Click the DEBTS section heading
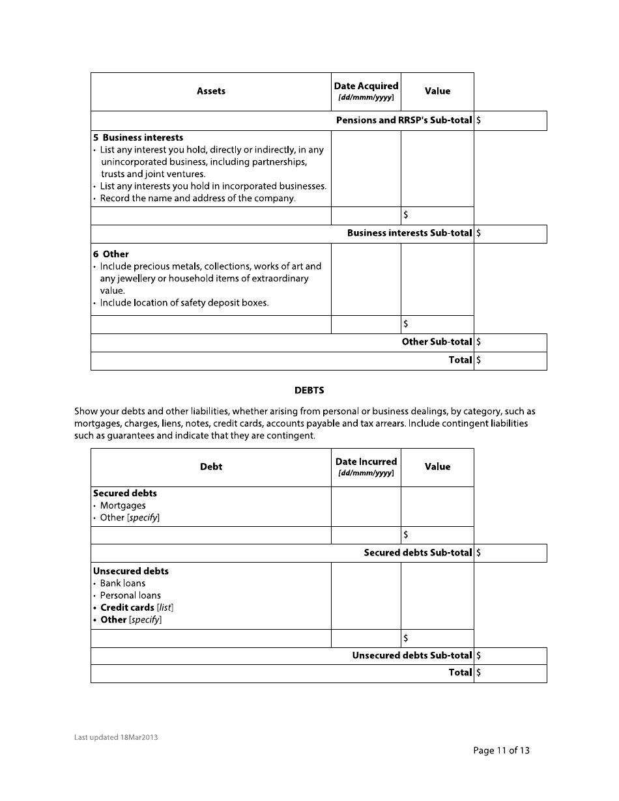pyautogui.click(x=309, y=391)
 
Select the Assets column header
pyautogui.click(x=211, y=91)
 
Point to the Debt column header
pyautogui.click(x=211, y=467)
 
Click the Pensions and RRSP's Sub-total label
pyautogui.click(x=403, y=120)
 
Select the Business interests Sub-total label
pyautogui.click(x=409, y=233)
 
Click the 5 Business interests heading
pyautogui.click(x=138, y=138)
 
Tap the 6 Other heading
pyautogui.click(x=111, y=255)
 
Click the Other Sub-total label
pyautogui.click(x=437, y=342)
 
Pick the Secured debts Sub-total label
pyautogui.click(x=418, y=553)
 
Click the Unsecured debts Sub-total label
pyautogui.click(x=412, y=656)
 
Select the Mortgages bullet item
pyautogui.click(x=123, y=506)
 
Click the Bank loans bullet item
pyautogui.click(x=122, y=583)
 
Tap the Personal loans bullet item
pyautogui.click(x=130, y=596)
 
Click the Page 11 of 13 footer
pyautogui.click(x=501, y=751)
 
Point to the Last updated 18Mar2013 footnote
pyautogui.click(x=116, y=738)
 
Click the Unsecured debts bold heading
pyautogui.click(x=131, y=571)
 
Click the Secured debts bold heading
pyautogui.click(x=125, y=494)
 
